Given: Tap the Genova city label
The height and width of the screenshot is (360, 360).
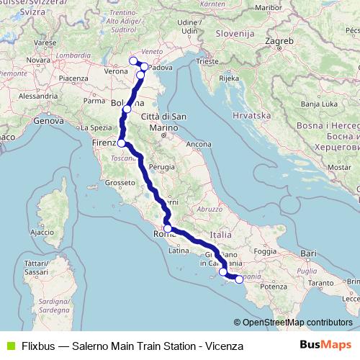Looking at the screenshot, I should point(49,121).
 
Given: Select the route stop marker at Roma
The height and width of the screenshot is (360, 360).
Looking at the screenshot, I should point(167,229).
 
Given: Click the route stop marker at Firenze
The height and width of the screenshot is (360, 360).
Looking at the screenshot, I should point(122,143).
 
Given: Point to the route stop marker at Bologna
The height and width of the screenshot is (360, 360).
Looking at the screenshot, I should point(127,109).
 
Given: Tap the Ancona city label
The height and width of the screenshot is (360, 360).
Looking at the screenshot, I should point(198,145).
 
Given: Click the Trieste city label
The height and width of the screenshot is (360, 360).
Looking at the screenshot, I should point(210,62).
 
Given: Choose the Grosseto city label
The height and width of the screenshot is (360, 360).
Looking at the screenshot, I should point(116,183).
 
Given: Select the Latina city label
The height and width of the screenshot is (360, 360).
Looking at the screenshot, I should point(178,251).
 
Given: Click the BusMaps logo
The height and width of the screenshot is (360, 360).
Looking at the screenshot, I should point(329,345).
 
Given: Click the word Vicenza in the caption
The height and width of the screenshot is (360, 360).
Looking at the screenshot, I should point(223,346).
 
